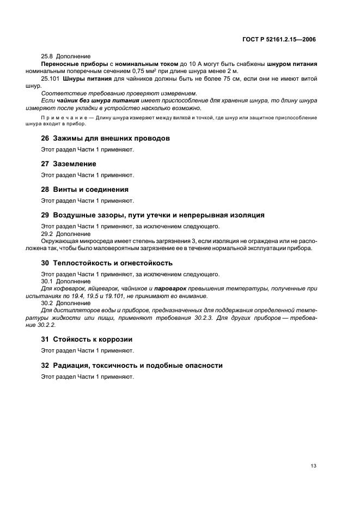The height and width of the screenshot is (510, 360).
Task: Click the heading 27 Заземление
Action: [x=69, y=164]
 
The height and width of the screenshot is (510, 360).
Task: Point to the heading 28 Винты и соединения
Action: [x=85, y=190]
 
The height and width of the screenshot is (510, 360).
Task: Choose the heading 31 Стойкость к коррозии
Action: [x=87, y=339]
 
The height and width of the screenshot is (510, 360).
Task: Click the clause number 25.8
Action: [x=47, y=56]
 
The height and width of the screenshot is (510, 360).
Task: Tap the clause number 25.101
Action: [x=51, y=79]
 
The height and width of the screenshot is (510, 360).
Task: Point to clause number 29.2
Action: [x=47, y=233]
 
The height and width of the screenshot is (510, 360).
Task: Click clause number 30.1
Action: [x=47, y=281]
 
